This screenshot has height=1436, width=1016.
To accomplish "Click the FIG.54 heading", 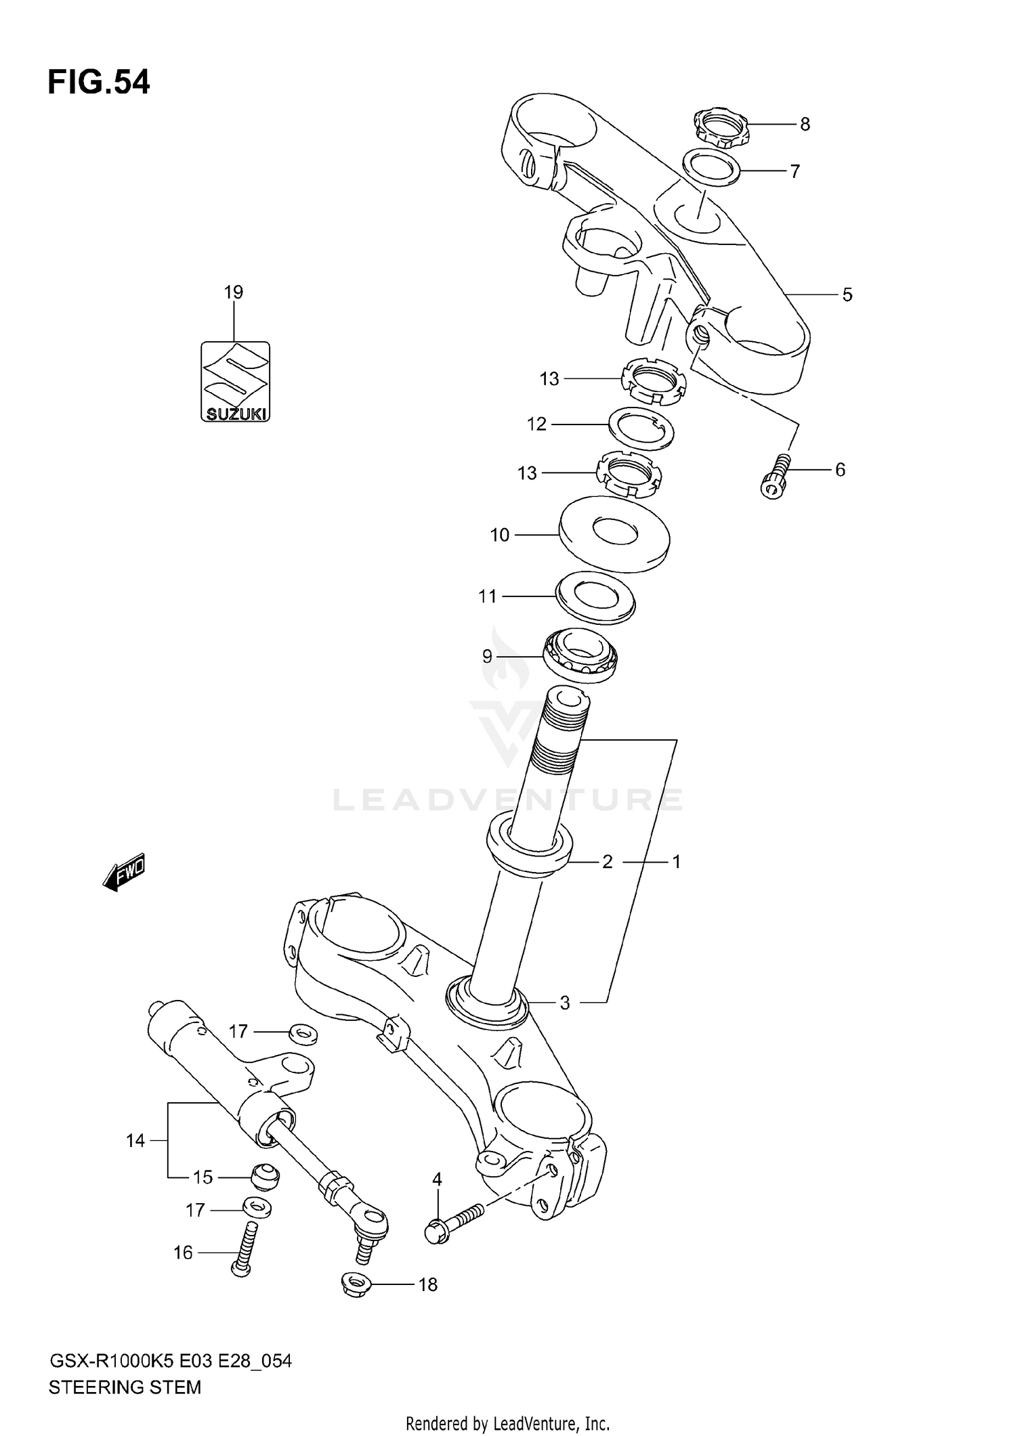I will point(99,83).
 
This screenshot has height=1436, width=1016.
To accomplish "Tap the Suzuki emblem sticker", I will point(235,382).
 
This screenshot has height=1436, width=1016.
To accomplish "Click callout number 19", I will point(233,292).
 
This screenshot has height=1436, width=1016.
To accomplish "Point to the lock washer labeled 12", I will point(640,428).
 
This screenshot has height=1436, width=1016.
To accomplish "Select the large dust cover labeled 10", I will point(614,535).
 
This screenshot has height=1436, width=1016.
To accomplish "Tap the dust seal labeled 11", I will point(595,596).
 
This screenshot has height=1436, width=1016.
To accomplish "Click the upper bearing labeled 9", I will point(581,655).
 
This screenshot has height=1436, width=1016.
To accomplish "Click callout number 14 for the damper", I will point(135,1141).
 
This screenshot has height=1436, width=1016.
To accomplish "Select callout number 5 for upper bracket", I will point(847,295).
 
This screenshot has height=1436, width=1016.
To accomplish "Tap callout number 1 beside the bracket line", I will point(675,862).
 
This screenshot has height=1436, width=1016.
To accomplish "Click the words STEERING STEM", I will point(125,1387).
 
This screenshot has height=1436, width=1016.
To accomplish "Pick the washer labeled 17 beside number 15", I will point(256,1207).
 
